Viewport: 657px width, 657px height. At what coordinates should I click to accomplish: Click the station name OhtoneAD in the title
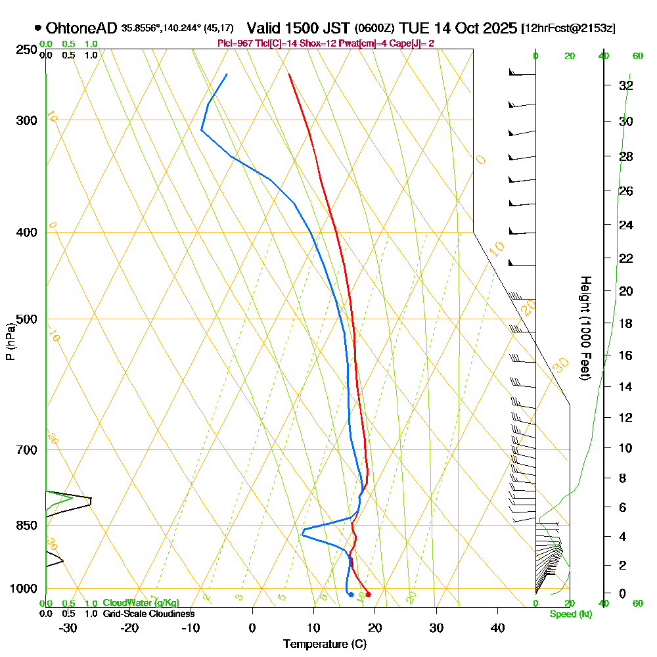point(81,28)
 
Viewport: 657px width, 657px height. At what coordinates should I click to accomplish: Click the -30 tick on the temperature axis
point(68,627)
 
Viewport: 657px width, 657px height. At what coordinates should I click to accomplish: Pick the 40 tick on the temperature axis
point(497,627)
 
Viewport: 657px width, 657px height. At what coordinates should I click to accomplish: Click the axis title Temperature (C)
point(325,644)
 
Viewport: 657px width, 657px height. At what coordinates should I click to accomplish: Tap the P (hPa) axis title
point(10,342)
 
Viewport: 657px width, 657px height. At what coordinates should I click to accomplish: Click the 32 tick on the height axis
point(625,85)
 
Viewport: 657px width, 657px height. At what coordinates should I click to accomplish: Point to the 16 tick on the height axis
point(625,355)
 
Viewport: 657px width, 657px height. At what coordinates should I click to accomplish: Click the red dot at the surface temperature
point(368,595)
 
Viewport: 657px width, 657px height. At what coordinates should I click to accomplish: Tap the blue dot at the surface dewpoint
point(351,595)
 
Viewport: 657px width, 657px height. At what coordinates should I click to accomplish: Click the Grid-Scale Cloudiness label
point(148,614)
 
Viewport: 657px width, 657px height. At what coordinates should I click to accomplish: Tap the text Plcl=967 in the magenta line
point(235,43)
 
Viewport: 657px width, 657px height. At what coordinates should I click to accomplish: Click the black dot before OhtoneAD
point(37,28)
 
